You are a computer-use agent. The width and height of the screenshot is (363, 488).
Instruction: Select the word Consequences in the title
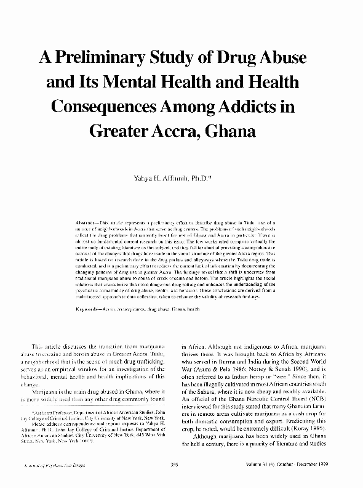click(115, 106)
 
